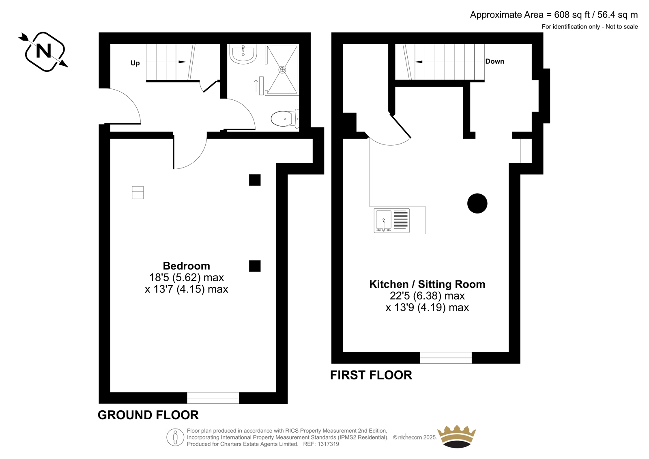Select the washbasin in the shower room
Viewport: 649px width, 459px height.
[243, 54]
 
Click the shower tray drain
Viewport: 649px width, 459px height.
[282, 69]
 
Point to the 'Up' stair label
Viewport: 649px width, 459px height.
[135, 63]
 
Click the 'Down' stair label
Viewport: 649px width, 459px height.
[494, 61]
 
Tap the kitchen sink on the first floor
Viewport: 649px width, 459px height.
[392, 220]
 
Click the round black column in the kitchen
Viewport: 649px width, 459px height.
[477, 203]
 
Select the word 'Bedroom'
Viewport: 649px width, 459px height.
[186, 265]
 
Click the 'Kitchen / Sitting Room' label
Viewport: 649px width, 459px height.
[427, 284]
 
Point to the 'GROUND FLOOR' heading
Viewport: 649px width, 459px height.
[148, 415]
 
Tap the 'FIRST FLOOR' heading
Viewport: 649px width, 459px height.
[371, 375]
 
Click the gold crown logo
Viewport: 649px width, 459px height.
[457, 437]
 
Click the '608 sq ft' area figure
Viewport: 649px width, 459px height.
[572, 15]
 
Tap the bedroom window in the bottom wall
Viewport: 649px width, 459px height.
[213, 398]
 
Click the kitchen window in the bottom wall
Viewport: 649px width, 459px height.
[446, 358]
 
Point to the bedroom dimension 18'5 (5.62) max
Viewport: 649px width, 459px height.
[186, 278]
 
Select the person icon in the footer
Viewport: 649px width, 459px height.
[175, 437]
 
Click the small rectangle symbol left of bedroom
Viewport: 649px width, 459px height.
[138, 192]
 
